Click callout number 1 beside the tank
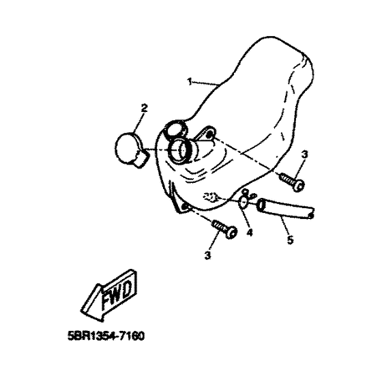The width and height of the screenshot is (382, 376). [x=190, y=82]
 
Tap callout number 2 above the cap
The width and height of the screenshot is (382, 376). [x=145, y=108]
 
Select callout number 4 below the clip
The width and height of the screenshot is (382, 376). [x=249, y=233]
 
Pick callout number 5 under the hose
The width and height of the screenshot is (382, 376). [x=290, y=240]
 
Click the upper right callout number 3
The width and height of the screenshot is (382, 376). [x=304, y=154]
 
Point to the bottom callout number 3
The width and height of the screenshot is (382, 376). [x=207, y=255]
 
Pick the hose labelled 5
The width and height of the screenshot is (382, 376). [x=284, y=209]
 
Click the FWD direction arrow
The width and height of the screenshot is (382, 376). [x=108, y=295]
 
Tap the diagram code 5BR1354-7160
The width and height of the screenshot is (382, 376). [x=106, y=336]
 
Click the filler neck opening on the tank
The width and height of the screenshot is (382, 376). [x=179, y=150]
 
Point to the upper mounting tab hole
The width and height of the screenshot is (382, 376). [x=209, y=134]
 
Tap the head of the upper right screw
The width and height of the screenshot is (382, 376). [x=299, y=186]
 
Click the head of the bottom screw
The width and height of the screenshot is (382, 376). [x=232, y=233]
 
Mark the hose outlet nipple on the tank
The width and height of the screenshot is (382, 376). [x=211, y=197]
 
